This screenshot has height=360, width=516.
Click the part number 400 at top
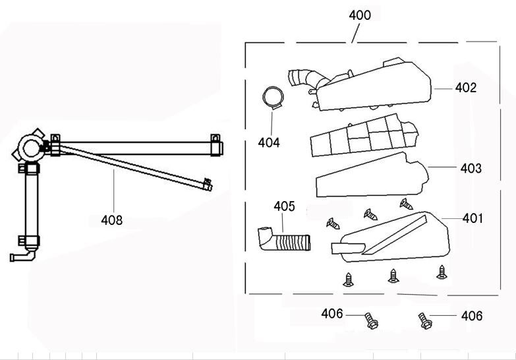359,15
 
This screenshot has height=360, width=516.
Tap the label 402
465,87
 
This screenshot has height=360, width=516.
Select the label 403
471,168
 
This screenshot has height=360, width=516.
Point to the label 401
472,218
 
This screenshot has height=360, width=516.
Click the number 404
268,142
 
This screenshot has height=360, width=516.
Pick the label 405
284,206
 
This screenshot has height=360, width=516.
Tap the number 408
113,220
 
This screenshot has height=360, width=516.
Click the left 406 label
332,314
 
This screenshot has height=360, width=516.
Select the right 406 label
472,316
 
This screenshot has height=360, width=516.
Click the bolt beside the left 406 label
372,322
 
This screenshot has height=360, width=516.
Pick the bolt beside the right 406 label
424,321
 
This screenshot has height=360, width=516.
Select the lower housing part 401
395,237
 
